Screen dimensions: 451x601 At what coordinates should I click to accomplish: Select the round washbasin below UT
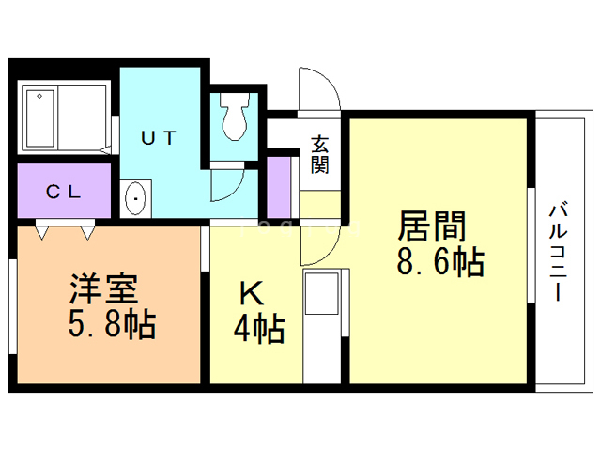(x=136, y=198)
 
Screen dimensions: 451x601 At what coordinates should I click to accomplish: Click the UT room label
(x=157, y=137)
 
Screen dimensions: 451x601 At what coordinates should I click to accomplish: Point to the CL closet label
(x=64, y=192)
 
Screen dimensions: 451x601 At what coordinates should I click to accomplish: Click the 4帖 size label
(x=258, y=329)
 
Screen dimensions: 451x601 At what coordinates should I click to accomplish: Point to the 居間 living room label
(x=434, y=226)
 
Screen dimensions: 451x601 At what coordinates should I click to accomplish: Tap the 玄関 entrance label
(x=320, y=154)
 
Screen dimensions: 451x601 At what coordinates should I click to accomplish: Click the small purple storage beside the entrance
(x=278, y=185)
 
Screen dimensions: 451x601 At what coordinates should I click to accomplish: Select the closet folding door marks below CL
(x=65, y=228)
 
